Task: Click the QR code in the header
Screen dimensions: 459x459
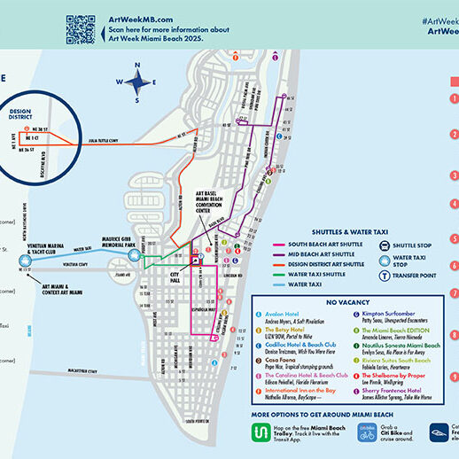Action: click(x=81, y=28)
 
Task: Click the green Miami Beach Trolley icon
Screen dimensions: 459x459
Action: click(x=263, y=434)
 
